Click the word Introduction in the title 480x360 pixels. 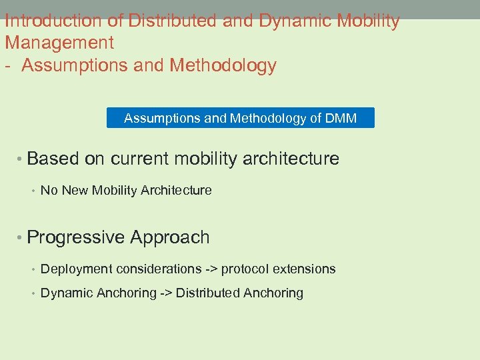click(53, 21)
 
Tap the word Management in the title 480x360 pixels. click(59, 43)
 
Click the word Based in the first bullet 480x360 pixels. click(53, 159)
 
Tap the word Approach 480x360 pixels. click(170, 237)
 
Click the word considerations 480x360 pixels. click(158, 269)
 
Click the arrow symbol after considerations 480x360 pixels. click(211, 269)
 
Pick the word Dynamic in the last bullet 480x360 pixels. click(64, 293)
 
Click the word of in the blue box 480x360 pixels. click(316, 119)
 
